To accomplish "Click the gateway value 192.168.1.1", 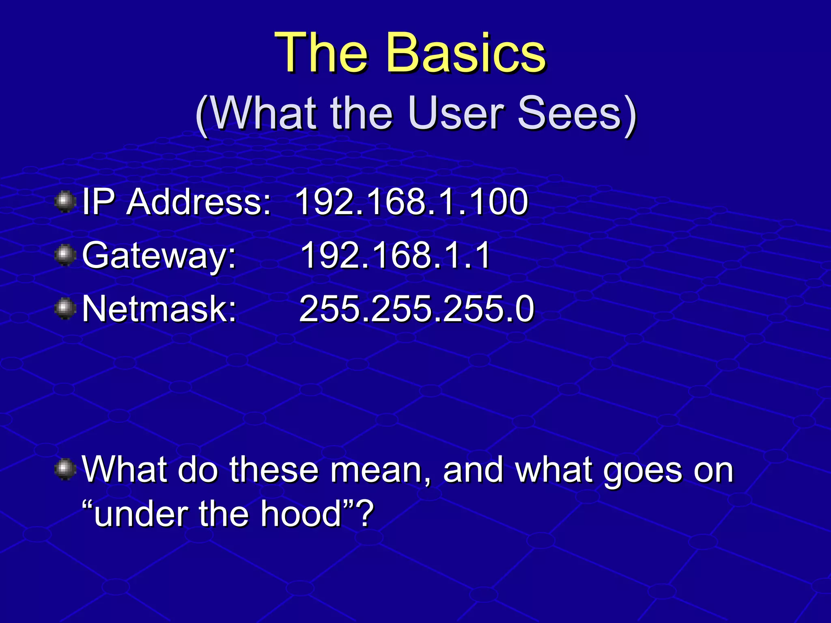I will click(x=395, y=255).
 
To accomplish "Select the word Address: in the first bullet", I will click(x=198, y=202).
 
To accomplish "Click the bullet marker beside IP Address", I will click(x=65, y=202).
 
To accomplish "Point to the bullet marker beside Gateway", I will click(x=65, y=255).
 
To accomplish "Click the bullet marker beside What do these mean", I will click(x=65, y=469).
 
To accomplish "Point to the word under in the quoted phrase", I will click(x=140, y=514).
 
